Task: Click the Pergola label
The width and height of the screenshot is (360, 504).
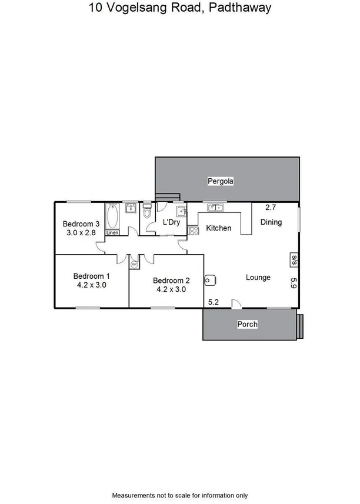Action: click(221, 182)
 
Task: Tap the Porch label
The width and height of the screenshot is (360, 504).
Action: click(247, 324)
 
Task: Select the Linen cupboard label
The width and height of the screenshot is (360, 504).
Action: click(112, 233)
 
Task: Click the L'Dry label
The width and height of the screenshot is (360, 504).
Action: click(171, 222)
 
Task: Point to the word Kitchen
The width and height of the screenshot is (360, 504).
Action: click(218, 228)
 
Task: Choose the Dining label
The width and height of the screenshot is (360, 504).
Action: click(271, 222)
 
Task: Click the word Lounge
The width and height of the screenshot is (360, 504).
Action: click(258, 277)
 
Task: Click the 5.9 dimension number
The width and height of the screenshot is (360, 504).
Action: click(292, 282)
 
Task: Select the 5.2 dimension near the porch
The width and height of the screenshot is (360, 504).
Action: click(214, 302)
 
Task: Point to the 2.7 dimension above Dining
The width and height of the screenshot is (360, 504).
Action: click(270, 208)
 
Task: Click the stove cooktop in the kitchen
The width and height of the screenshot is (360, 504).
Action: click(192, 230)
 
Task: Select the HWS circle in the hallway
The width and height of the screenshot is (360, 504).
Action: click(134, 265)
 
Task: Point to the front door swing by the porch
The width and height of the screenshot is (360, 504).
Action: click(236, 303)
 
